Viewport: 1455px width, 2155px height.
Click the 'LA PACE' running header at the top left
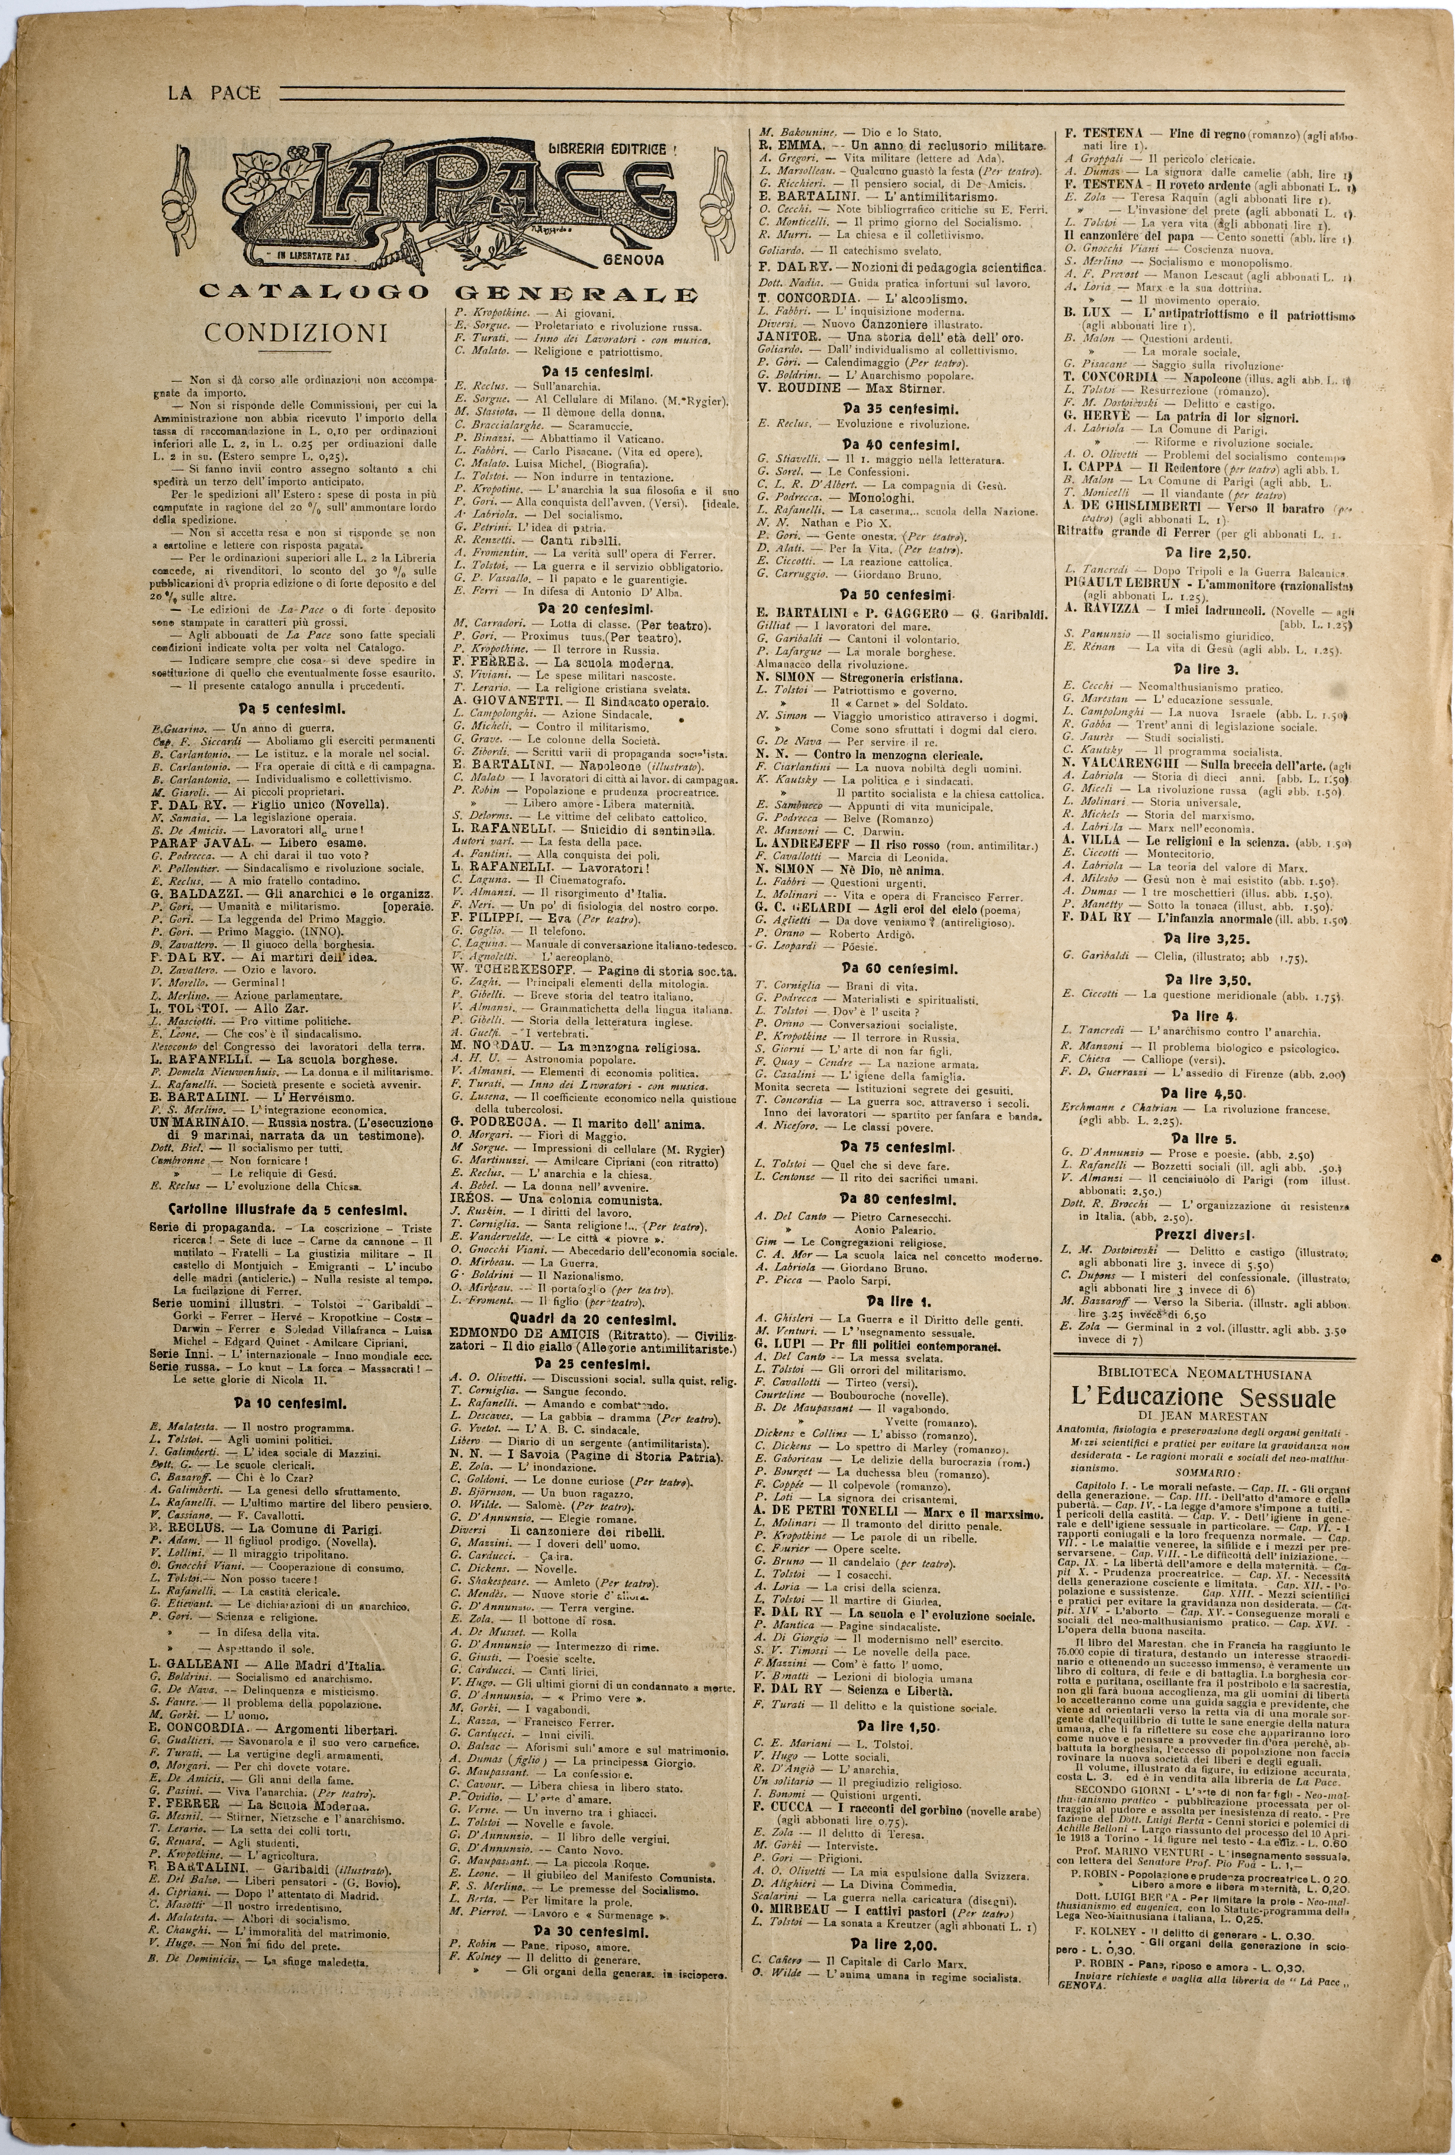point(213,93)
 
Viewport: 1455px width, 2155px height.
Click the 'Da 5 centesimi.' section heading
point(277,708)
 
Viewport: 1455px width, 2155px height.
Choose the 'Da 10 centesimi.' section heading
point(277,1402)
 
